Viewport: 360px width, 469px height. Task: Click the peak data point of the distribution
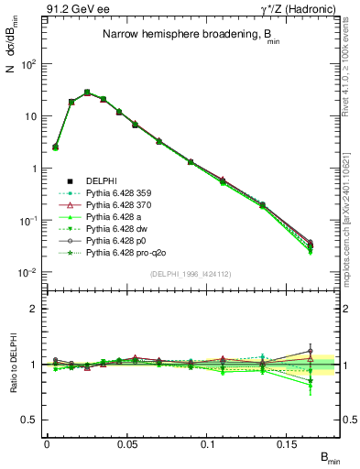pyautogui.click(x=87, y=93)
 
